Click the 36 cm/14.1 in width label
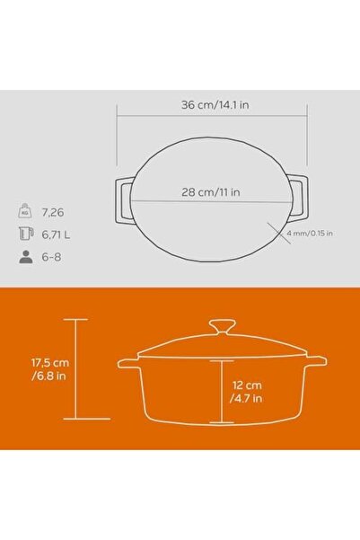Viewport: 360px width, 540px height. click(215, 105)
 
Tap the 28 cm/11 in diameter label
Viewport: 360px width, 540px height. click(211, 191)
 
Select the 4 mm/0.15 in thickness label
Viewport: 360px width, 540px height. click(310, 233)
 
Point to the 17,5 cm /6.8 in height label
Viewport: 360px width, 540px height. click(50, 369)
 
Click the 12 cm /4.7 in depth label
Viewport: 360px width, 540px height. click(246, 392)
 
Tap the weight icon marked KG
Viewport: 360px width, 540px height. click(25, 211)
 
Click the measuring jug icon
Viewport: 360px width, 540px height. click(25, 234)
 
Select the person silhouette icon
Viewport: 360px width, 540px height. click(26, 257)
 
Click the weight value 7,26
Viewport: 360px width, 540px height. click(53, 212)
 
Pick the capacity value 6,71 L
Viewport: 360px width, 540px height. click(56, 235)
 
